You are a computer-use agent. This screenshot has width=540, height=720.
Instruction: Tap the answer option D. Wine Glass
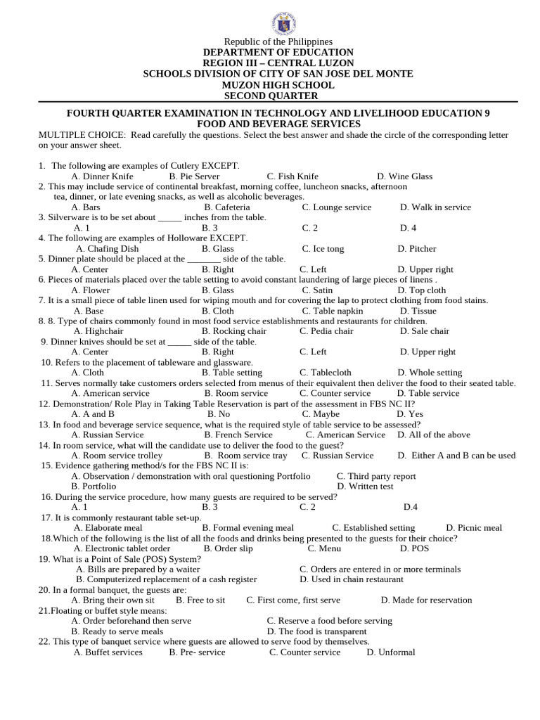pos(404,176)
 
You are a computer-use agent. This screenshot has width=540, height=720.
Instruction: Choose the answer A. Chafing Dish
pos(107,249)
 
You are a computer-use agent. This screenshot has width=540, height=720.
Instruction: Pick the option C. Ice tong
pos(323,249)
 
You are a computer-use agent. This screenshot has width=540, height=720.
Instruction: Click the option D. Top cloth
pos(421,290)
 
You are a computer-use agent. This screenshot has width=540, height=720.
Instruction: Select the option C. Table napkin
pos(333,311)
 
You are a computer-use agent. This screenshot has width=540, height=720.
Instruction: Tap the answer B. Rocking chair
pos(233,331)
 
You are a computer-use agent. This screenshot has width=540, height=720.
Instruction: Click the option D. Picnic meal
pos(474,528)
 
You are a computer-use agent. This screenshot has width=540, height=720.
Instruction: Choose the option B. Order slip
pos(228,548)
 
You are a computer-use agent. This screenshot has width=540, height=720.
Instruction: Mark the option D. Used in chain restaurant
pos(351,579)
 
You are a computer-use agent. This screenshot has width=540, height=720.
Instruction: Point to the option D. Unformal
pos(390,652)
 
